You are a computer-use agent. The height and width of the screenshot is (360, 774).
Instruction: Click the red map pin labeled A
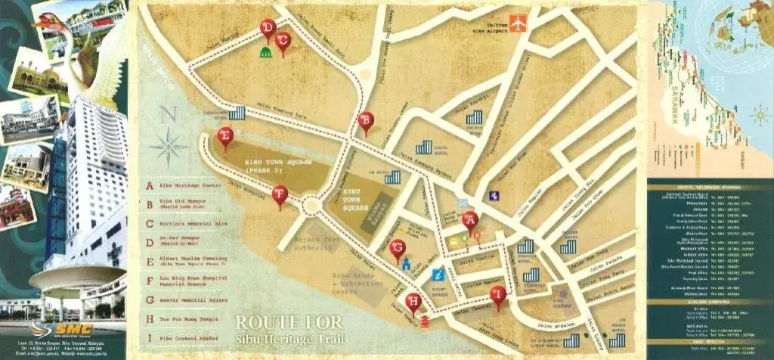(470, 221)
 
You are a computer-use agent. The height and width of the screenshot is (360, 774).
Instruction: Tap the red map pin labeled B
(366, 121)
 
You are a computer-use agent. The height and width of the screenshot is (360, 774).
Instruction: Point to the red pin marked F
(280, 195)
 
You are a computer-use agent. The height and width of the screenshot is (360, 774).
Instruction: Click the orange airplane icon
(518, 23)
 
